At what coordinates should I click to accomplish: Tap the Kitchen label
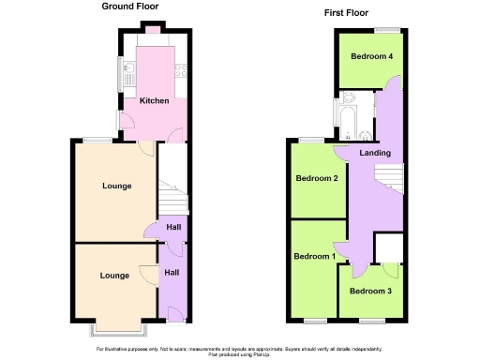154,101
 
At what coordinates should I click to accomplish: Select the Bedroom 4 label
371,56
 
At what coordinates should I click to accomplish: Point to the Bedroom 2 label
316,179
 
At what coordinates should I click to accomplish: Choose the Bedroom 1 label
315,257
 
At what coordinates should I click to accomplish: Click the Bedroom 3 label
371,291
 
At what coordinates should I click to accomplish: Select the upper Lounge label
116,186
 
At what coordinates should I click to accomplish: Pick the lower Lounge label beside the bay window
114,276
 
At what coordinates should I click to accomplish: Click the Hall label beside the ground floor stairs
173,227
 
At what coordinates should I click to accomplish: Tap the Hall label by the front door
172,272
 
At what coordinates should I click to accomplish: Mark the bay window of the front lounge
117,329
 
